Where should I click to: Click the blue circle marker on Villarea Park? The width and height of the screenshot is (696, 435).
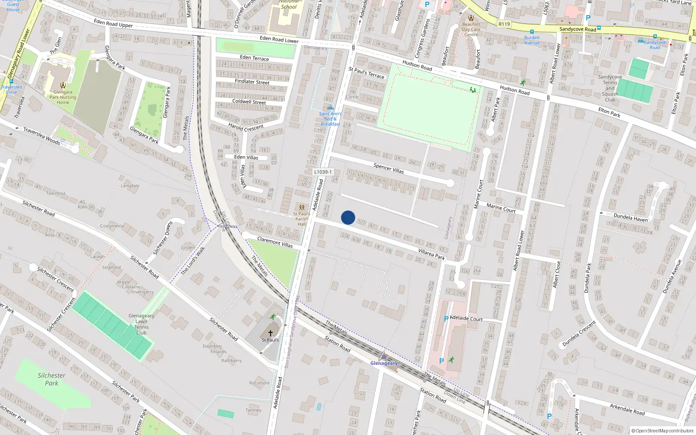(348, 217)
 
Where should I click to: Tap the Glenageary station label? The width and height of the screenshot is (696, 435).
(384, 363)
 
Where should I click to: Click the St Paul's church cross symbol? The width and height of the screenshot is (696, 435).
(271, 333)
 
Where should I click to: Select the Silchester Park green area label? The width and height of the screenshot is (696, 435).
(51, 379)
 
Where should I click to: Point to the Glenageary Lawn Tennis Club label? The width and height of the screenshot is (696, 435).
(141, 325)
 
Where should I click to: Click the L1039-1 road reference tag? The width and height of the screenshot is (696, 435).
(323, 172)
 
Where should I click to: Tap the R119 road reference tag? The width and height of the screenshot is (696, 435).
(504, 24)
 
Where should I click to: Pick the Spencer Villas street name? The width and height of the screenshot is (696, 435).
(388, 168)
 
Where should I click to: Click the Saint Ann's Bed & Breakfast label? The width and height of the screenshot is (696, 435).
(330, 119)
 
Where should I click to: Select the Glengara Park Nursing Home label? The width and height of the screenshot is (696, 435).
(63, 97)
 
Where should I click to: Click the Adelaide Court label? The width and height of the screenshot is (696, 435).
(466, 318)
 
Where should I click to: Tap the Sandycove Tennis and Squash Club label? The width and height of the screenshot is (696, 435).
(610, 88)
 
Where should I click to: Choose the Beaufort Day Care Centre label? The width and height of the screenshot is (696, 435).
(471, 30)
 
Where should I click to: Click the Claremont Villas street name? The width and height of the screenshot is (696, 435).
(275, 242)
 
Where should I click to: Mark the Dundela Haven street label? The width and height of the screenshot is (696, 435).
(630, 217)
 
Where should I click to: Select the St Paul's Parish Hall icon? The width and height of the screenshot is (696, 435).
(301, 207)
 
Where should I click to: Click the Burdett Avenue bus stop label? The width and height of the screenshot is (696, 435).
(532, 40)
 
